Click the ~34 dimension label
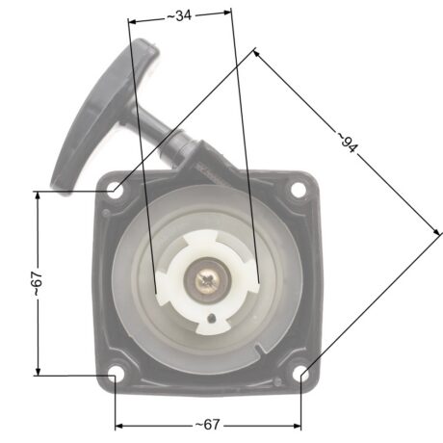[x=179, y=15]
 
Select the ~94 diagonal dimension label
[x=347, y=142]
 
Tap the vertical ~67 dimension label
[x=37, y=283]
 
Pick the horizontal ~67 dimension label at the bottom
[x=208, y=425]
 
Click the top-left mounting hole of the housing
[x=116, y=190]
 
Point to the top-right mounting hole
[x=299, y=190]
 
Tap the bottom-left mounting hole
[x=116, y=373]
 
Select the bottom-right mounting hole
[x=300, y=373]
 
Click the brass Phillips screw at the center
[x=207, y=281]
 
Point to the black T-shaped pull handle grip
[x=104, y=113]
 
